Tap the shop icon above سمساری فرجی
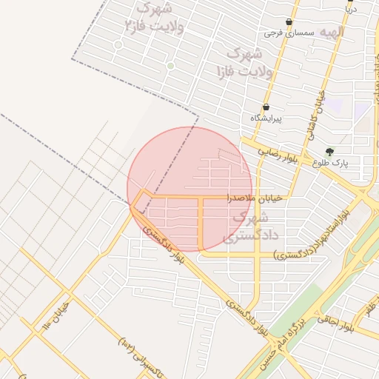coord(289,22)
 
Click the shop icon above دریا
coord(350,1)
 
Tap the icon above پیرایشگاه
coord(266,107)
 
